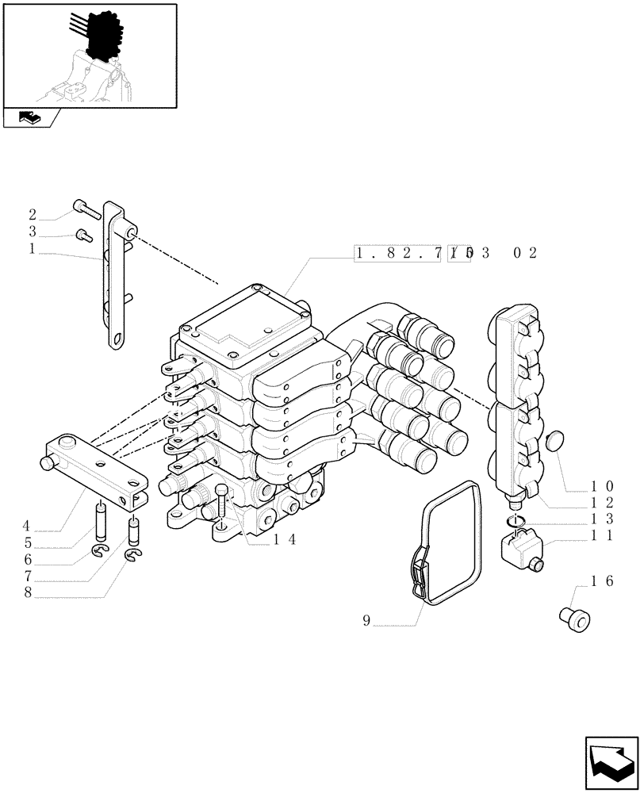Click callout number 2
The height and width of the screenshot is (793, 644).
coord(33,214)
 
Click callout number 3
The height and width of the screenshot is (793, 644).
coord(33,232)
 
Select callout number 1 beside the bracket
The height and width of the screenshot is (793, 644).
coord(33,249)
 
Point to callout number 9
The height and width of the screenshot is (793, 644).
coord(366,622)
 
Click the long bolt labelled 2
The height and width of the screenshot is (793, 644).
coord(86,209)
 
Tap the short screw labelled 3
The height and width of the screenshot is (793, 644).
coord(82,235)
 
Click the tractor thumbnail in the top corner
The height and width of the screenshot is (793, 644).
coord(89,56)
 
